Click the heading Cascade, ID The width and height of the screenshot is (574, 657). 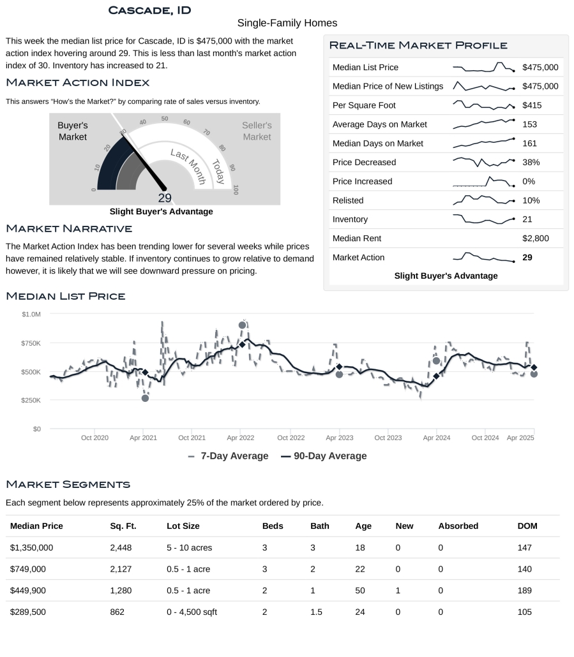point(149,10)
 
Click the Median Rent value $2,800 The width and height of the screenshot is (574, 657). point(535,239)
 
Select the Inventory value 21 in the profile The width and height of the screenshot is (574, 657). point(527,219)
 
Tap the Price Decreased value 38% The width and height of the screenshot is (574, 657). point(531,162)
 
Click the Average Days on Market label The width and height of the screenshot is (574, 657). point(380,124)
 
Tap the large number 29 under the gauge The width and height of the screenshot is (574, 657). point(165,198)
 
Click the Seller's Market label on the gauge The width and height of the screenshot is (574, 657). point(257,131)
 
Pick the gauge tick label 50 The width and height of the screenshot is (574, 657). point(165,119)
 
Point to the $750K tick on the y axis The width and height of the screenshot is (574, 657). point(31,343)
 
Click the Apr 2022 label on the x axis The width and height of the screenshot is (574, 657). point(241,438)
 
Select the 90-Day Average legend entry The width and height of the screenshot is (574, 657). point(324,456)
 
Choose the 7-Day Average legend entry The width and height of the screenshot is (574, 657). point(228,456)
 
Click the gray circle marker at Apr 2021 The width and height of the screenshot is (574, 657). point(145,398)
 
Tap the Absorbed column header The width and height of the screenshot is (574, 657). point(458,526)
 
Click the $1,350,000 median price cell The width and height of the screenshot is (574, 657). point(32,547)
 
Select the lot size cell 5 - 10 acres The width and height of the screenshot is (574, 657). point(189,547)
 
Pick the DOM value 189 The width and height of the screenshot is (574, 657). point(524,591)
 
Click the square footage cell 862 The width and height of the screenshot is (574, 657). point(117,612)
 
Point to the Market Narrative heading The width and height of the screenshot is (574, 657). point(69,228)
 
